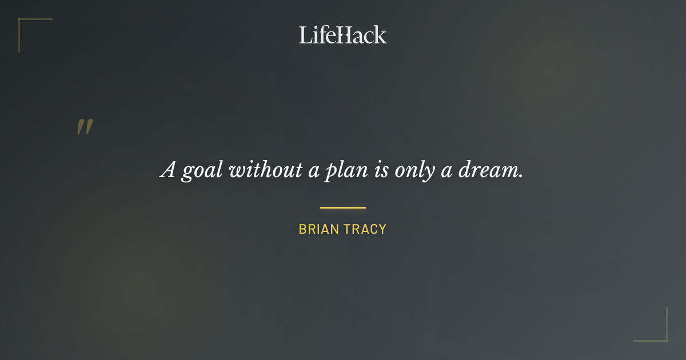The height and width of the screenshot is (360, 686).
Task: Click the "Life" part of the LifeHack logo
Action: click(317, 35)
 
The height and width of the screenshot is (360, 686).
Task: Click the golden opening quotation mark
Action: click(85, 127)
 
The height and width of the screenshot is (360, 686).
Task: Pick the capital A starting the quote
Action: click(167, 170)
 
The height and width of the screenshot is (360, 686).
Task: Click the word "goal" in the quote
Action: click(201, 171)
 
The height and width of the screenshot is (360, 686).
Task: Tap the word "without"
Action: click(265, 170)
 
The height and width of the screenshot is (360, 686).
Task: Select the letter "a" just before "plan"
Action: click(313, 171)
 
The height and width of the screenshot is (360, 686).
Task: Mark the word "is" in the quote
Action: click(381, 170)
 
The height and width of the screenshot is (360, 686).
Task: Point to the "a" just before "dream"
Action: click(446, 171)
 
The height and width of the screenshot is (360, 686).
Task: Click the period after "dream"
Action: click(520, 176)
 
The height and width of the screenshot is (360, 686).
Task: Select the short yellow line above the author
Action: click(342, 207)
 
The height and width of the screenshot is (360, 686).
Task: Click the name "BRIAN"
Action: click(318, 229)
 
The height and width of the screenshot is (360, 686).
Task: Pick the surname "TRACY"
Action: click(365, 229)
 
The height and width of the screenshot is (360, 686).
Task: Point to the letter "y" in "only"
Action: click(428, 173)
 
